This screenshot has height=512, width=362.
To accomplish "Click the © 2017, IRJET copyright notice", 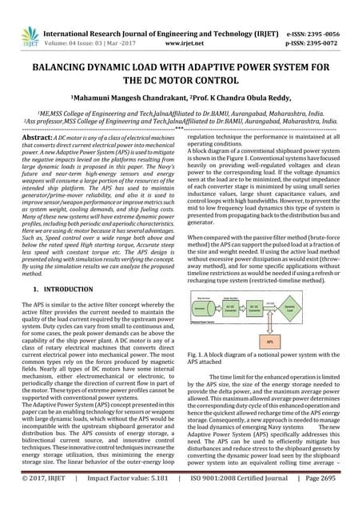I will (46, 502).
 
